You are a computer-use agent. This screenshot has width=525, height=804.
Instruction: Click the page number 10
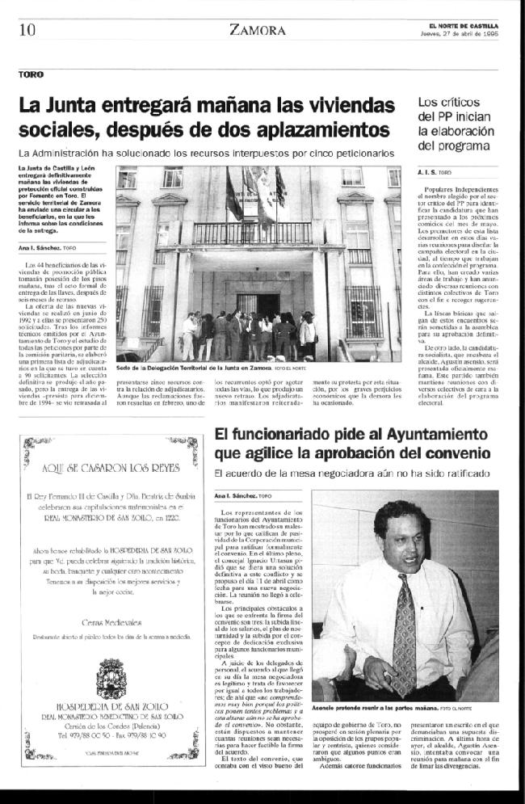pyautogui.click(x=27, y=30)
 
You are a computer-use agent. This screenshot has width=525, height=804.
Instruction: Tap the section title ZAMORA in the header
pyautogui.click(x=258, y=31)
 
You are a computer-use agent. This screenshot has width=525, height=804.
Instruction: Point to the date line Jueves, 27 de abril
pyautogui.click(x=475, y=34)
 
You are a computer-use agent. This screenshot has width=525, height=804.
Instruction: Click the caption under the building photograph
pyautogui.click(x=202, y=367)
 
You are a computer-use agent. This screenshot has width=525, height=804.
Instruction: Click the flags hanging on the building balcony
pyautogui.click(x=254, y=198)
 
